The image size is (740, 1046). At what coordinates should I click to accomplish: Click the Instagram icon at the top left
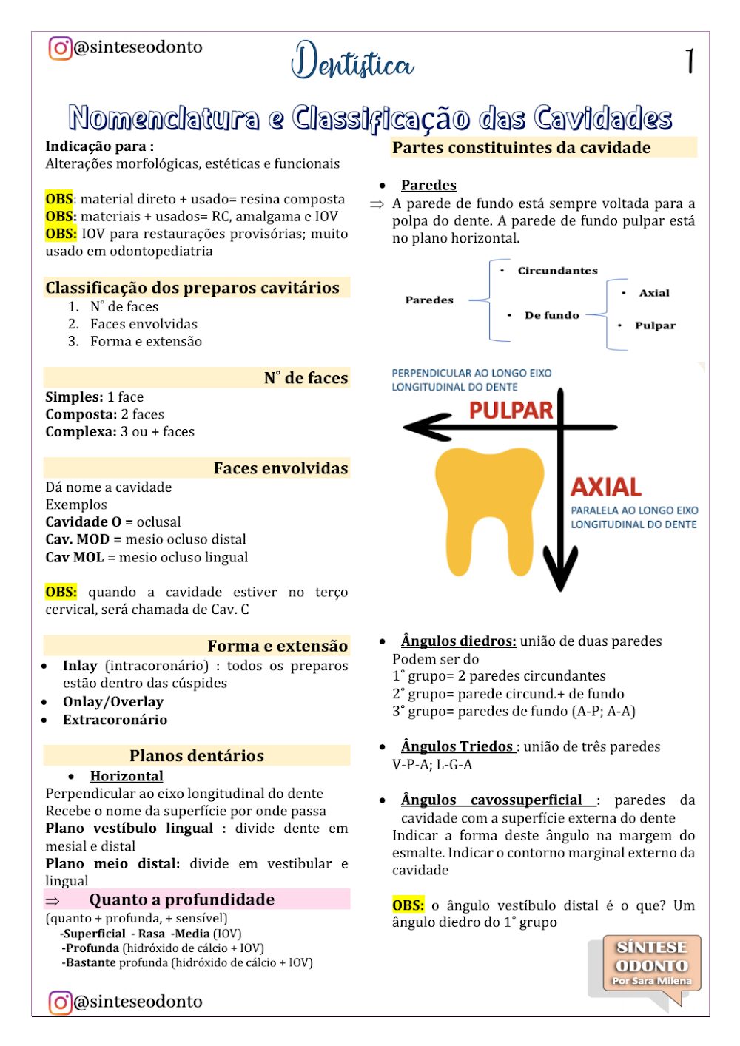60,48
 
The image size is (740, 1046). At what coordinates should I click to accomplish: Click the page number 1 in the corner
690,61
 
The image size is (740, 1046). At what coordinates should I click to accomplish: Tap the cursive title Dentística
352,62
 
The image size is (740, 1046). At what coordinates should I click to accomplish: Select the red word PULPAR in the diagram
511,411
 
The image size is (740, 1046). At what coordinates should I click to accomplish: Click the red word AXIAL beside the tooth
606,487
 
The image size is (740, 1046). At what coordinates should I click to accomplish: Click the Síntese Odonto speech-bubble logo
649,965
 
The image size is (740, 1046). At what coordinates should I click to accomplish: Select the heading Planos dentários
197,755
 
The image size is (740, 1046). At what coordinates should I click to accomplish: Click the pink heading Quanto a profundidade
182,900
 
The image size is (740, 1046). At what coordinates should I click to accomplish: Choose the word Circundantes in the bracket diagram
557,271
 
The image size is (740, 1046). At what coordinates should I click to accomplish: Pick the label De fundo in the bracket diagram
551,315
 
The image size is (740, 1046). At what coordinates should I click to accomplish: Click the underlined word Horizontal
127,776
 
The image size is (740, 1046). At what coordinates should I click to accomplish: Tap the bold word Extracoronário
115,720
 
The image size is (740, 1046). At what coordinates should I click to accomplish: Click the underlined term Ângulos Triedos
457,746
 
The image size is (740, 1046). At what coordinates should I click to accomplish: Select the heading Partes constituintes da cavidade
522,147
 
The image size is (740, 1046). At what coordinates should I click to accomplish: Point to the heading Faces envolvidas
280,468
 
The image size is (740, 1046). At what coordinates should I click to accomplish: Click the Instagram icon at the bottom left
60,1002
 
